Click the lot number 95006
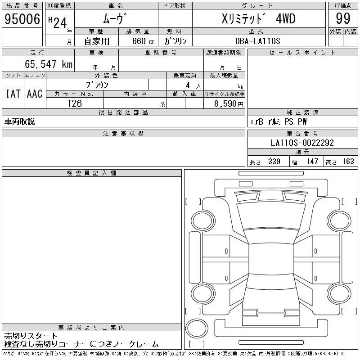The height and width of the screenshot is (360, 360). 22,18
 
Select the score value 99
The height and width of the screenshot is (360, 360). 343,18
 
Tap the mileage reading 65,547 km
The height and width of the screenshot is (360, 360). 49,64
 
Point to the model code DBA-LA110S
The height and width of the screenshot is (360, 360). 257,41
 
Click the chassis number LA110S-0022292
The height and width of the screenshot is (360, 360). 302,143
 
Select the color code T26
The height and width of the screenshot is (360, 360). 74,103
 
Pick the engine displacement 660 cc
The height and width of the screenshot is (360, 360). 143,41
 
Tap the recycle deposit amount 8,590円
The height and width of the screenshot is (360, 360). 229,104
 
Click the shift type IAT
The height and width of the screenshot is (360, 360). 13,94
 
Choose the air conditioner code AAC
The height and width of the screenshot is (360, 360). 35,94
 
